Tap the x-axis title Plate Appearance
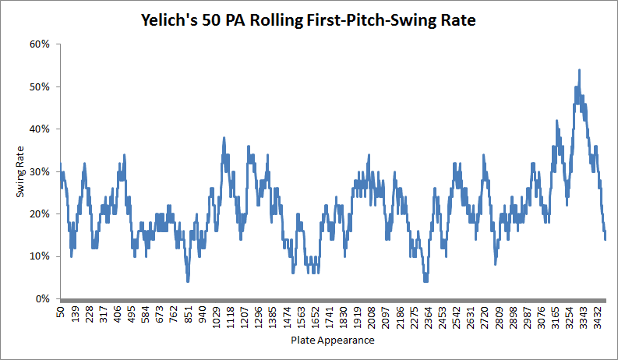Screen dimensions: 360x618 [x=333, y=341]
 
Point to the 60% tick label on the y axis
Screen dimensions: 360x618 [x=40, y=44]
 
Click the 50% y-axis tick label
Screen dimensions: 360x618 [x=40, y=86]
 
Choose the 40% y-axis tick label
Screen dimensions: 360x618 [x=40, y=129]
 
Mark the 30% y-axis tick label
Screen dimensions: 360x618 [x=40, y=171]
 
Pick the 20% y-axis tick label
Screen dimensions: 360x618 [x=40, y=214]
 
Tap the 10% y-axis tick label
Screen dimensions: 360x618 [x=40, y=256]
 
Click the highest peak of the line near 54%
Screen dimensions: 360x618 [x=579, y=70]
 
